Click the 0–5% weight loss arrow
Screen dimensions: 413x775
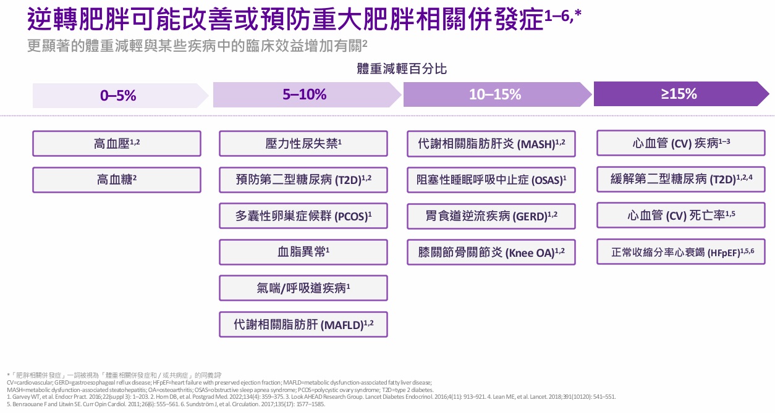click(118, 96)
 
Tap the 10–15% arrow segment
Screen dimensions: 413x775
click(494, 95)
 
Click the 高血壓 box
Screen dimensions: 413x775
click(117, 144)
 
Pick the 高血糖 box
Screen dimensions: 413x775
click(117, 180)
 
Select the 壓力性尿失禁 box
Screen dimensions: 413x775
click(303, 144)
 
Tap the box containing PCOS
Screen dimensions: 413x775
click(303, 216)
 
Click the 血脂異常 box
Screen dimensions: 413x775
click(303, 252)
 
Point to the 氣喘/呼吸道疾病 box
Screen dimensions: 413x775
click(303, 288)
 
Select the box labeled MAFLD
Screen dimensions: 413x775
click(303, 324)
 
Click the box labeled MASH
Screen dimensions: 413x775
click(491, 144)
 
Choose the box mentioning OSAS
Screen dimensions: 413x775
click(491, 180)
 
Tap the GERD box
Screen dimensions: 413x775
click(491, 216)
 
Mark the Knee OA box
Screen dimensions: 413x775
click(491, 252)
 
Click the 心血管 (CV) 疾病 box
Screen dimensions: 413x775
click(681, 143)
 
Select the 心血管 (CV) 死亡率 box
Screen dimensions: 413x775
click(681, 215)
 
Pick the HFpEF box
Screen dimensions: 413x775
click(681, 252)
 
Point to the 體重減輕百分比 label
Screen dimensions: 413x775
click(402, 69)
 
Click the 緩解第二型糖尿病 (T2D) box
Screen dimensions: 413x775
click(681, 180)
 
